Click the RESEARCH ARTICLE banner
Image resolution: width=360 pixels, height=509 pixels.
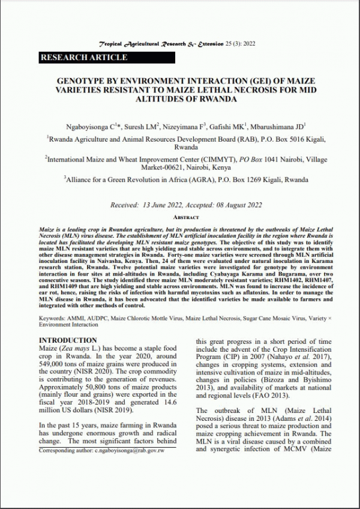tap(84, 58)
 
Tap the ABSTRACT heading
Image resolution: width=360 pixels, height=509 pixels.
tap(181, 217)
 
